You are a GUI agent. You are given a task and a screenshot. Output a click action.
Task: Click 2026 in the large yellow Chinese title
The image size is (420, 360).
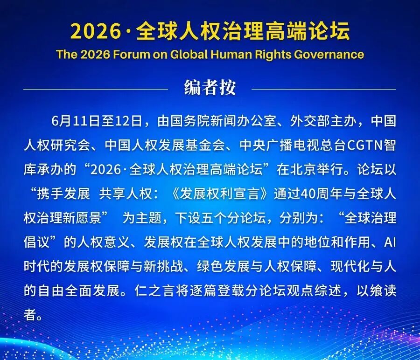click(96, 31)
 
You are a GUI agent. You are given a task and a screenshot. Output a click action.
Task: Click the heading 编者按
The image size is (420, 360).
click(210, 87)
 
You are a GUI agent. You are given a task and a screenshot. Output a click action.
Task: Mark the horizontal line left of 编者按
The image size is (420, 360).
click(96, 89)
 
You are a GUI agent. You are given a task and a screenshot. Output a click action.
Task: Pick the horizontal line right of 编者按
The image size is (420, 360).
click(323, 89)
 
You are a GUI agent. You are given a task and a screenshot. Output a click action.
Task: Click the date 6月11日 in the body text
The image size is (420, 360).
click(76, 121)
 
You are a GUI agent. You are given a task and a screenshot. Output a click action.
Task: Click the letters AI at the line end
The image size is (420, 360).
click(390, 242)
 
